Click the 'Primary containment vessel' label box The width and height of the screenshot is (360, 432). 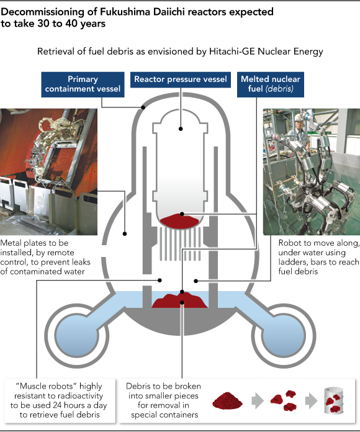tap(83, 84)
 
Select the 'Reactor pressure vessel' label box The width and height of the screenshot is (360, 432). tap(181, 79)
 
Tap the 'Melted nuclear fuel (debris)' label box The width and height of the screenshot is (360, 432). tap(271, 84)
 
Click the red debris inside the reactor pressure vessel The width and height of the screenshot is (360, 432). tap(179, 221)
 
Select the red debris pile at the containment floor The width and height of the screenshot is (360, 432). tap(179, 300)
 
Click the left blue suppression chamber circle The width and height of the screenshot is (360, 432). tap(76, 336)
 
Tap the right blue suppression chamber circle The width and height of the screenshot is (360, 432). tap(284, 336)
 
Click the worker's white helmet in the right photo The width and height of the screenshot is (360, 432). tap(299, 118)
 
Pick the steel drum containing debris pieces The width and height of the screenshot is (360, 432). tap(334, 400)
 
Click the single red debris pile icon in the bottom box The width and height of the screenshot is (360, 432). tap(227, 400)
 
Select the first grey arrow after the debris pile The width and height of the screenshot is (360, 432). tap(258, 400)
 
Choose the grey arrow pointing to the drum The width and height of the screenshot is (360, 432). tap(311, 400)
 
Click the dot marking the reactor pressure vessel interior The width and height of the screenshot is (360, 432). tap(181, 128)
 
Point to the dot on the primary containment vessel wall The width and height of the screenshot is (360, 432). tap(143, 107)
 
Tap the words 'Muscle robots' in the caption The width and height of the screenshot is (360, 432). tap(45, 386)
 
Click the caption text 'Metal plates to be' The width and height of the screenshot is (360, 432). tap(34, 243)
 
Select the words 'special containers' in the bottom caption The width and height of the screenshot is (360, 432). tap(164, 415)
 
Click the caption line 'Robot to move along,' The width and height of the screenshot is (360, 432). tap(318, 243)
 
